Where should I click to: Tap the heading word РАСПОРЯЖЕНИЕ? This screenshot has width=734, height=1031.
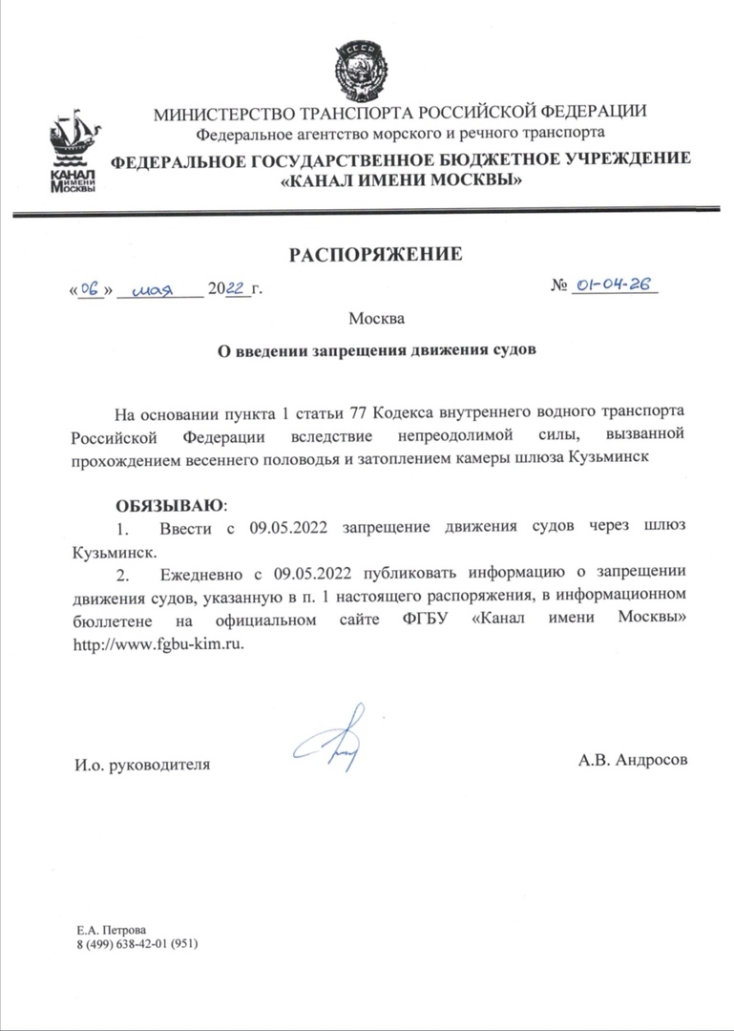pyautogui.click(x=375, y=254)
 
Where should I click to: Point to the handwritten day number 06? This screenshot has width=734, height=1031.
pyautogui.click(x=92, y=287)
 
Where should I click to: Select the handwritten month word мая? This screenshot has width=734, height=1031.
pyautogui.click(x=158, y=288)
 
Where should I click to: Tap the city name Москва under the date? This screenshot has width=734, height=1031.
pyautogui.click(x=376, y=317)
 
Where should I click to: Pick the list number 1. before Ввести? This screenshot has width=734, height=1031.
pyautogui.click(x=121, y=528)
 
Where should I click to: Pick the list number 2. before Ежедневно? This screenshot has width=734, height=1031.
pyautogui.click(x=121, y=575)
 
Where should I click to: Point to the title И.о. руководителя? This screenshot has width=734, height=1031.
pyautogui.click(x=141, y=765)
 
